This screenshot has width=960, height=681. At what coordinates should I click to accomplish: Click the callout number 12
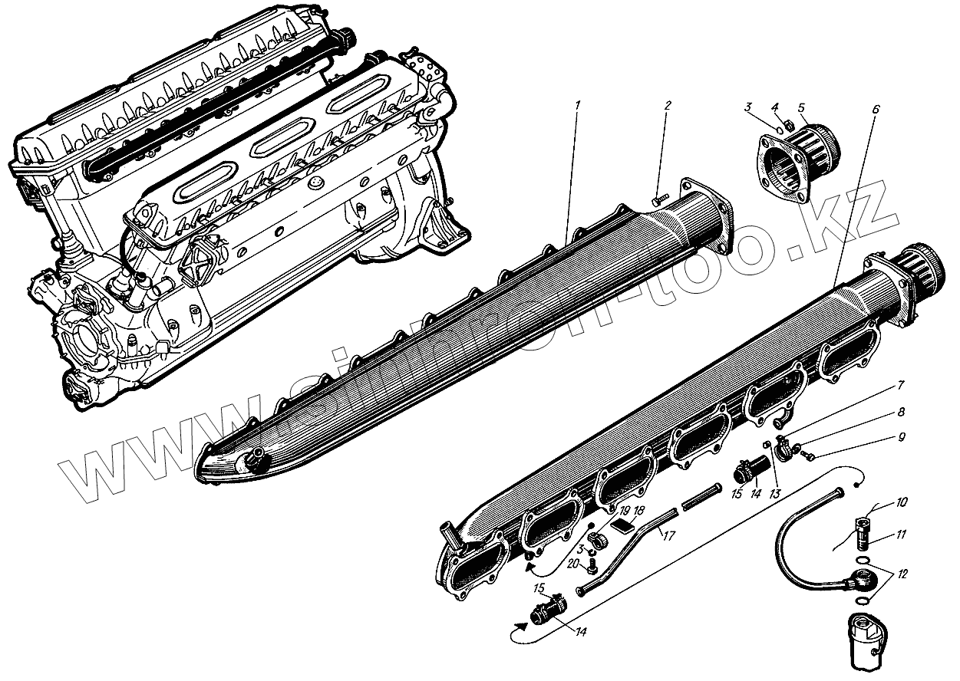coord(902,574)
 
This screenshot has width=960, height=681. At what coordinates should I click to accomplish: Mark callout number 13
coord(774,492)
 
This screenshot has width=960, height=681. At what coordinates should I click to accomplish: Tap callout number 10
coord(902,503)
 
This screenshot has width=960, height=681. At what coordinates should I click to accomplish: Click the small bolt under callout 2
coord(658,198)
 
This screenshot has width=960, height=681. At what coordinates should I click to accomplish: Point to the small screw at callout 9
coord(808,457)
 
